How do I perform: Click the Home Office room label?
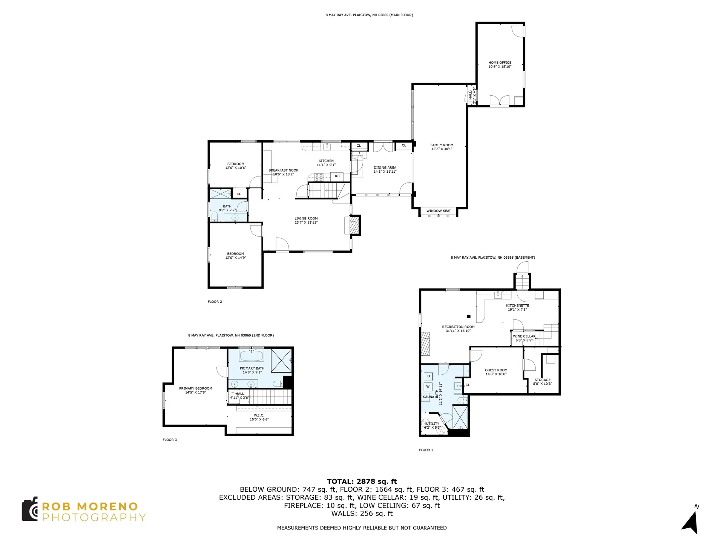(500, 64)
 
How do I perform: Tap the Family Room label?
(442, 147)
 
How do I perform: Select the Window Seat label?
(439, 211)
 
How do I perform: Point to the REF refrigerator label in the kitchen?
(338, 176)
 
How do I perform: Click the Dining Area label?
(385, 169)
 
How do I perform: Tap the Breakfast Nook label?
(284, 172)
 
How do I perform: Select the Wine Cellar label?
(524, 338)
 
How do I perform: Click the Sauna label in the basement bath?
(428, 397)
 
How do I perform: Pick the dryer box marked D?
(428, 376)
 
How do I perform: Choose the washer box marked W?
(428, 387)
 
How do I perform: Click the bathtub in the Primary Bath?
(252, 356)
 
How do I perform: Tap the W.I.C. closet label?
(259, 417)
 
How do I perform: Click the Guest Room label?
(496, 372)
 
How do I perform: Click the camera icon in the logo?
(30, 509)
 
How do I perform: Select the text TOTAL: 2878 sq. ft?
(362, 481)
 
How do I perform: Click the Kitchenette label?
(517, 307)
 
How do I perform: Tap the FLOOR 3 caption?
(170, 440)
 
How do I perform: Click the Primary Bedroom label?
(196, 390)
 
